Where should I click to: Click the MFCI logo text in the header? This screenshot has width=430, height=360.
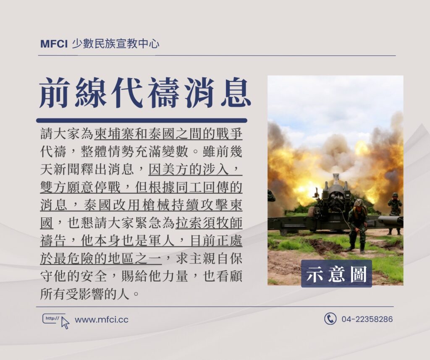coord(54,44)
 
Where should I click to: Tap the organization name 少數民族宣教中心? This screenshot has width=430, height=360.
coord(115,44)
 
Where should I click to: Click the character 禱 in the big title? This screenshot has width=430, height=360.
coord(163,92)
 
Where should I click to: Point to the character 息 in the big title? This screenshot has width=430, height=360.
coord(236,92)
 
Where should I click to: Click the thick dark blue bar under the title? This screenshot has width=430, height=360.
coord(142,120)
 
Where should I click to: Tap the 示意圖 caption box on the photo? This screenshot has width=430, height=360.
coord(336,274)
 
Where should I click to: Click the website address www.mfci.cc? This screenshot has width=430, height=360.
coord(102,320)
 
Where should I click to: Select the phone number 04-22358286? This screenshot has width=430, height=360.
coord(367,319)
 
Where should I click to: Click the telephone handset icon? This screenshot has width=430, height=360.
coord(330,319)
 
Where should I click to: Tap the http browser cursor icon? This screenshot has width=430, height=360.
coord(56,321)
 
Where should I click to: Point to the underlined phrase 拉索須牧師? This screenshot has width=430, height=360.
coord(209,223)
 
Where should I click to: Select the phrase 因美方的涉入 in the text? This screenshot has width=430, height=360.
coord(189,170)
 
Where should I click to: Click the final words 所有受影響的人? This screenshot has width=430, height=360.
coord(85,294)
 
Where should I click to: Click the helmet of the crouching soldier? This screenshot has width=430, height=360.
coord(359,203)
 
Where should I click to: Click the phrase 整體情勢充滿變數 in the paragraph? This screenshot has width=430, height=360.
coord(135,151)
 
